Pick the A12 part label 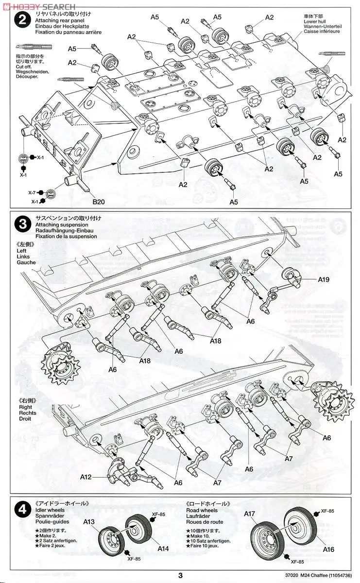click(x=86, y=478)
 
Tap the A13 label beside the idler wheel click(x=89, y=522)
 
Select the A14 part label click(x=163, y=548)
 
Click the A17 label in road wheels click(x=250, y=514)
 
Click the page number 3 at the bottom click(x=180, y=576)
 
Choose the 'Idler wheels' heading click(x=50, y=510)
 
